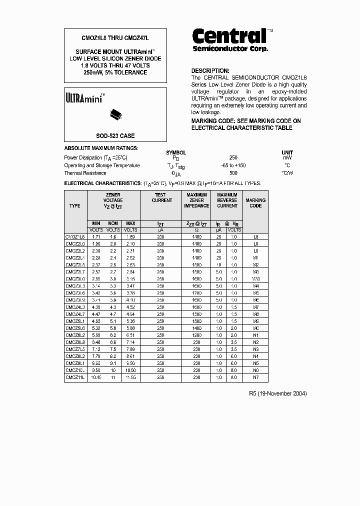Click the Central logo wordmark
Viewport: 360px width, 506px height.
(229, 36)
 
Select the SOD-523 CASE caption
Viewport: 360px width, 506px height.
(115, 136)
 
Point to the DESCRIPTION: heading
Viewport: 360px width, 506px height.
(210, 71)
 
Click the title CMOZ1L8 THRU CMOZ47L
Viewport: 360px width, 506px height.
(115, 38)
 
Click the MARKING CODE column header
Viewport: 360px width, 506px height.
(255, 203)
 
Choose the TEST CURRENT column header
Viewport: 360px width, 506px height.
(160, 197)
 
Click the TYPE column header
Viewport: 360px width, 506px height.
(75, 205)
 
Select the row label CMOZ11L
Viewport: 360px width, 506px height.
(75, 377)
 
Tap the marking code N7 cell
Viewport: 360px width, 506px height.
(255, 377)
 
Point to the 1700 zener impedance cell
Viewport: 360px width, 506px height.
(197, 293)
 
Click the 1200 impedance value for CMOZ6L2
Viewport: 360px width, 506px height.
(197, 335)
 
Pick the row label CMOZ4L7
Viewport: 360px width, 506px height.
(75, 314)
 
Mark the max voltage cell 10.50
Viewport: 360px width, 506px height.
(130, 370)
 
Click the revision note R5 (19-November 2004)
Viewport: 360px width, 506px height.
(277, 393)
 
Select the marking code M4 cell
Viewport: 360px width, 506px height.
(255, 286)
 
